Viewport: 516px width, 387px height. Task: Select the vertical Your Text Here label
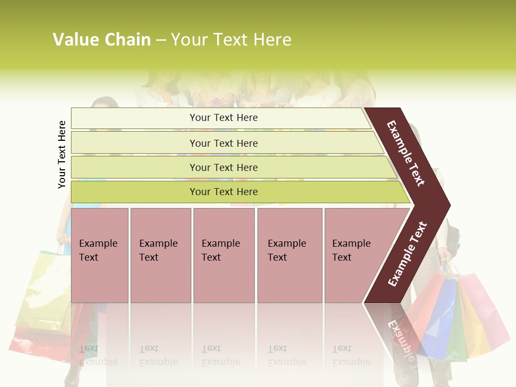62,154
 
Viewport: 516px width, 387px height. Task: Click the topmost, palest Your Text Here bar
223,118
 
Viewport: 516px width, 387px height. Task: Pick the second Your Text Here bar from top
223,143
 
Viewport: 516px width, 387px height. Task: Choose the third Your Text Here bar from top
223,167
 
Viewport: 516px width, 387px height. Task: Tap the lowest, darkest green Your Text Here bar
223,192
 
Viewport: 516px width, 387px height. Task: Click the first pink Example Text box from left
99,255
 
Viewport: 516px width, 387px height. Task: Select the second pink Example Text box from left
160,255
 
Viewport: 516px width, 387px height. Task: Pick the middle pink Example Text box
224,255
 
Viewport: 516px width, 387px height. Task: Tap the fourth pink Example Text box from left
289,255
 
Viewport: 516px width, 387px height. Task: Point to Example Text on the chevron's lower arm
407,254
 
